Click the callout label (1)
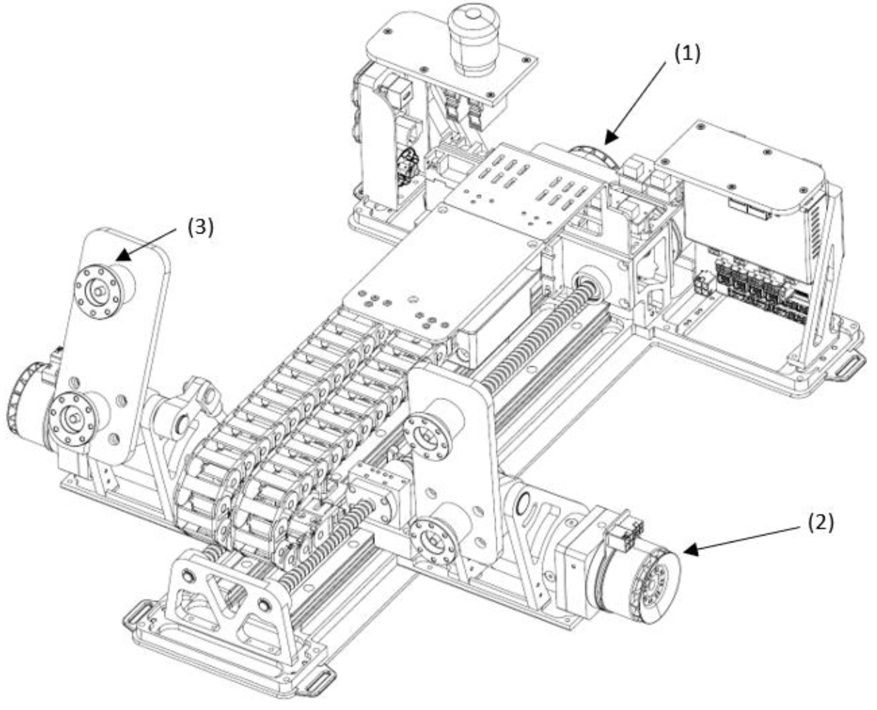(687, 54)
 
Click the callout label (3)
(200, 227)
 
